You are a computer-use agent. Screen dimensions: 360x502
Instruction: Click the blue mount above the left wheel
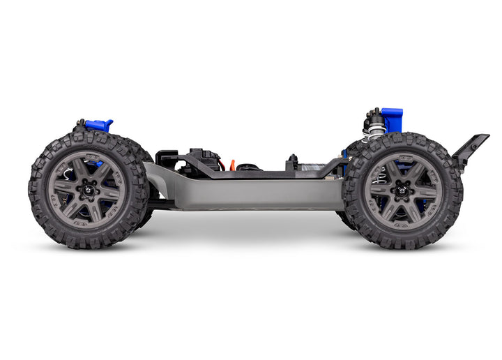click(x=100, y=126)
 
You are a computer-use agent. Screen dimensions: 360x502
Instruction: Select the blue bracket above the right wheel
click(x=392, y=119)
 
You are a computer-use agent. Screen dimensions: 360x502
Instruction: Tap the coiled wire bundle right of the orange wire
click(x=245, y=167)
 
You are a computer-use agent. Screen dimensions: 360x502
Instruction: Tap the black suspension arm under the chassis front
click(x=161, y=204)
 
